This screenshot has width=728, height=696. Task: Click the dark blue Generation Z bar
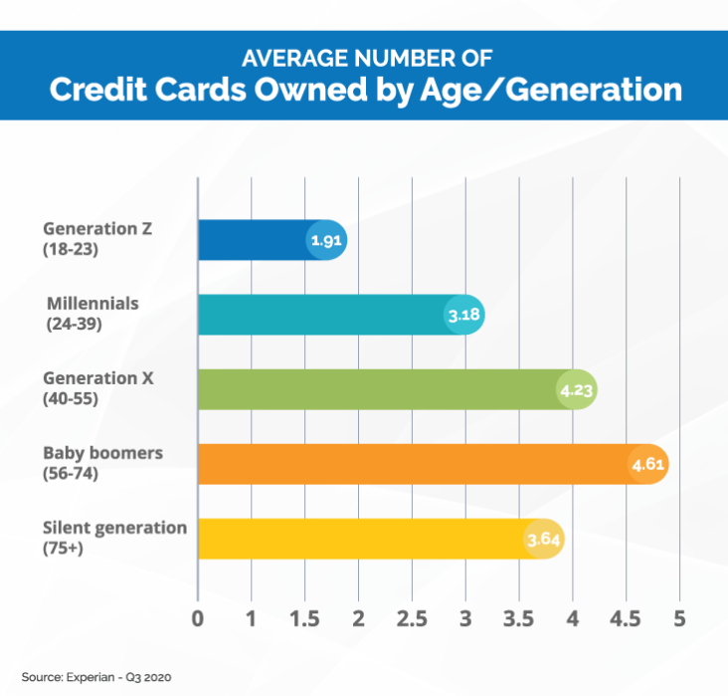point(254,240)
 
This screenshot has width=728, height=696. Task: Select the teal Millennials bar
point(318,315)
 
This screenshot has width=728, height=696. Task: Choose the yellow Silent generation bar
point(358,539)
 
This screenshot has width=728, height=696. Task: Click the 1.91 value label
point(325,241)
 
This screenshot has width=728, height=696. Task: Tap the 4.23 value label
point(576,390)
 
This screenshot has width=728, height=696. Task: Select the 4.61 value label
point(647,465)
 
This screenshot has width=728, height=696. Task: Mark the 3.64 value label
point(543,540)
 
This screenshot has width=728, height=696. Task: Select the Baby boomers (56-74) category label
point(102,463)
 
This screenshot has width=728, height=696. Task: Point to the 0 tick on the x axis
point(198,618)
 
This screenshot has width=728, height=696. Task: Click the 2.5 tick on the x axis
point(411,618)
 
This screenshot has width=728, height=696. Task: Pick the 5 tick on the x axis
point(679,618)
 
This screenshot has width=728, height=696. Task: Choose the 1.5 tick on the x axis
point(304,618)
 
